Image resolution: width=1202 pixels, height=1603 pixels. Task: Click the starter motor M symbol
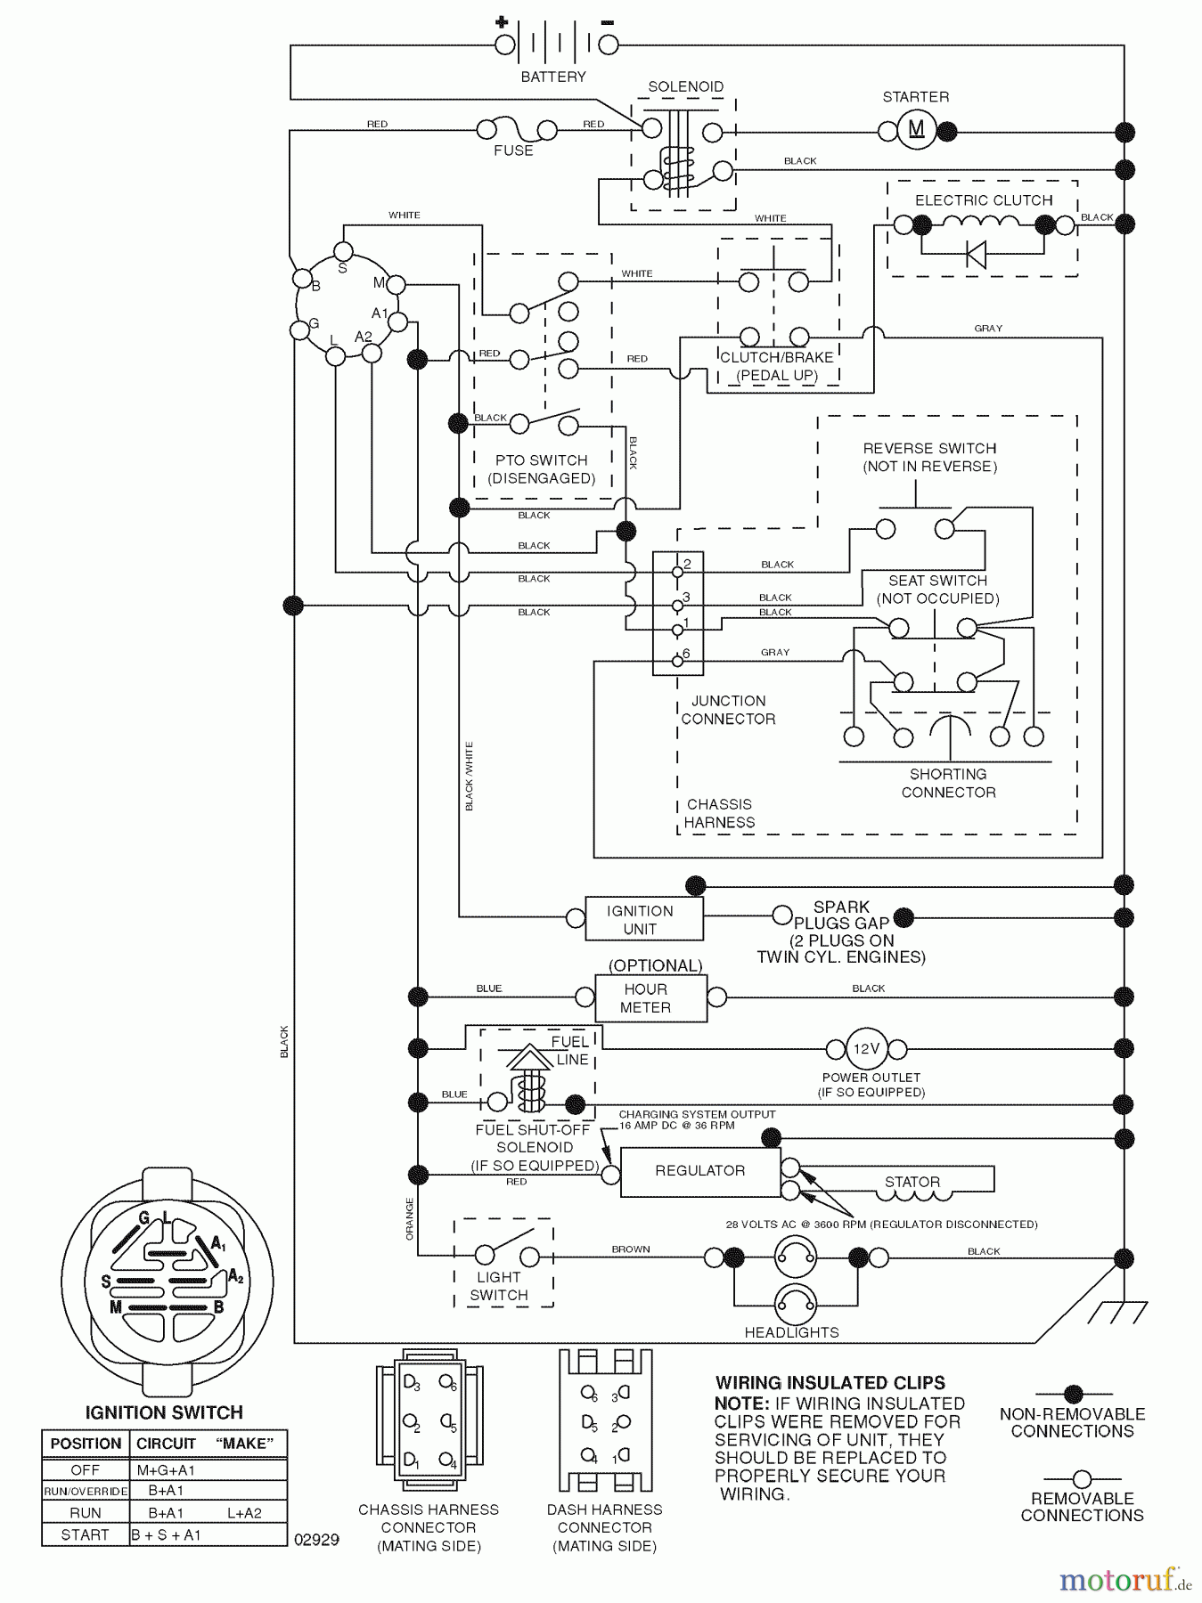tap(917, 130)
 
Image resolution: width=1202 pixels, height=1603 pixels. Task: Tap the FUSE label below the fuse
tap(513, 151)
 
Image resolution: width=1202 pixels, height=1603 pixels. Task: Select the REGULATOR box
tap(700, 1171)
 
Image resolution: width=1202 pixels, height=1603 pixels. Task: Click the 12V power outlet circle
tap(866, 1049)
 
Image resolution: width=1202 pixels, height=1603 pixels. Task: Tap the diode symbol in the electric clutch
tap(977, 255)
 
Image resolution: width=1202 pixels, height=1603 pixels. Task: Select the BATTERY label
tap(553, 77)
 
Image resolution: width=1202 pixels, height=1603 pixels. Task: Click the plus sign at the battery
tap(502, 22)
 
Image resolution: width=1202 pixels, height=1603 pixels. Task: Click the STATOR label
tap(912, 1182)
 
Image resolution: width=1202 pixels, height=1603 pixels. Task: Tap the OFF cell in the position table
tap(86, 1469)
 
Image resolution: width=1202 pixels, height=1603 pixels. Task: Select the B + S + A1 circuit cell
tap(166, 1534)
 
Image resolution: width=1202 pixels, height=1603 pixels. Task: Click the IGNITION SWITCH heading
tap(164, 1412)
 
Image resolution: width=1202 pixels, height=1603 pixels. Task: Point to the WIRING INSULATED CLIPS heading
tap(830, 1383)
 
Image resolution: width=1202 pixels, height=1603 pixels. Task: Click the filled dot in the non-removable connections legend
tap(1073, 1394)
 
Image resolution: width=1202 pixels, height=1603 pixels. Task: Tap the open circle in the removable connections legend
tap(1082, 1479)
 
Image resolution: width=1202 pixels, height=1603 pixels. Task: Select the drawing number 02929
tap(316, 1539)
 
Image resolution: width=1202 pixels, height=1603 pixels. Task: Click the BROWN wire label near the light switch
tap(630, 1249)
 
